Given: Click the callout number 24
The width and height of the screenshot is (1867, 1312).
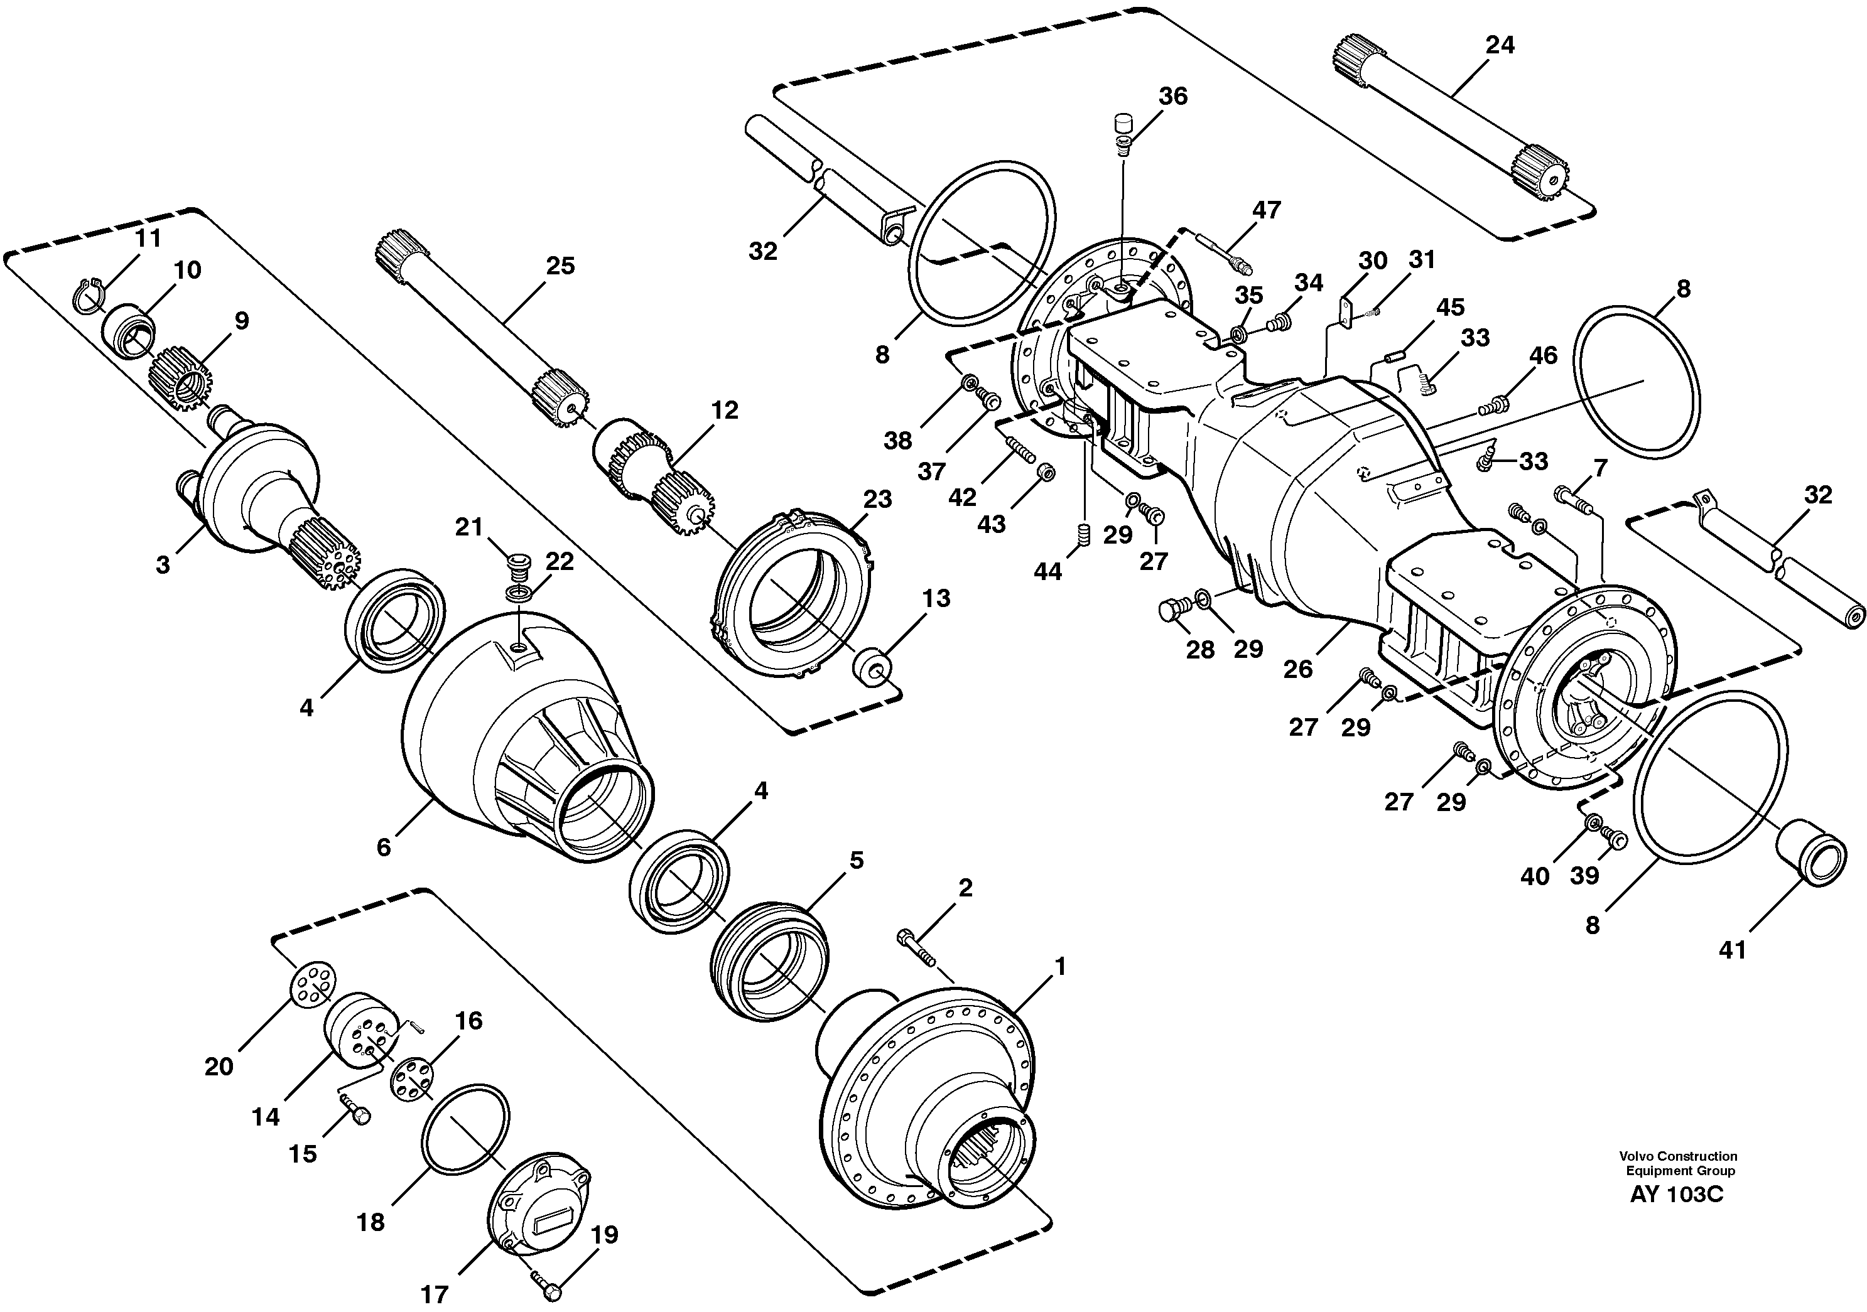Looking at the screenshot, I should point(1500,46).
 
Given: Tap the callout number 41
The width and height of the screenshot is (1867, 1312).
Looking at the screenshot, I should point(1733,949).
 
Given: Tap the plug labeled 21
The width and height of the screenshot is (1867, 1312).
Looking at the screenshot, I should point(515,563).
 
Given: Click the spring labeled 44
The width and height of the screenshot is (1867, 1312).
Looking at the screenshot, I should point(1084,535).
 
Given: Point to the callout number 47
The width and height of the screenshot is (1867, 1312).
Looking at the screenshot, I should point(1266,210).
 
